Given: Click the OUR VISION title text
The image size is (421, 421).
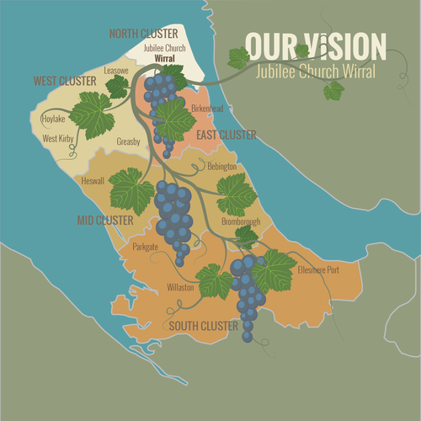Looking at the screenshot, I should coord(316,46).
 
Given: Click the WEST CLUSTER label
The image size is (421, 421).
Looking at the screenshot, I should coord(65,82).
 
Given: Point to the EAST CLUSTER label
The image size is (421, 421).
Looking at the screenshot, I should coord(227,135).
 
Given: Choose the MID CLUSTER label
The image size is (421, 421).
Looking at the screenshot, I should coord(105,220).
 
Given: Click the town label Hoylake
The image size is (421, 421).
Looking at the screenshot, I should coord(53,120).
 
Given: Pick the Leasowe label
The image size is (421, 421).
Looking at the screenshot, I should coord(115,71).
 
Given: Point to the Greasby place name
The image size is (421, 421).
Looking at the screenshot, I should coord(130,141).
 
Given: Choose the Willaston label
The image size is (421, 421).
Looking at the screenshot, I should coord(180,287).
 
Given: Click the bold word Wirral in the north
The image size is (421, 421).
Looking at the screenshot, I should coord(164,59).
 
